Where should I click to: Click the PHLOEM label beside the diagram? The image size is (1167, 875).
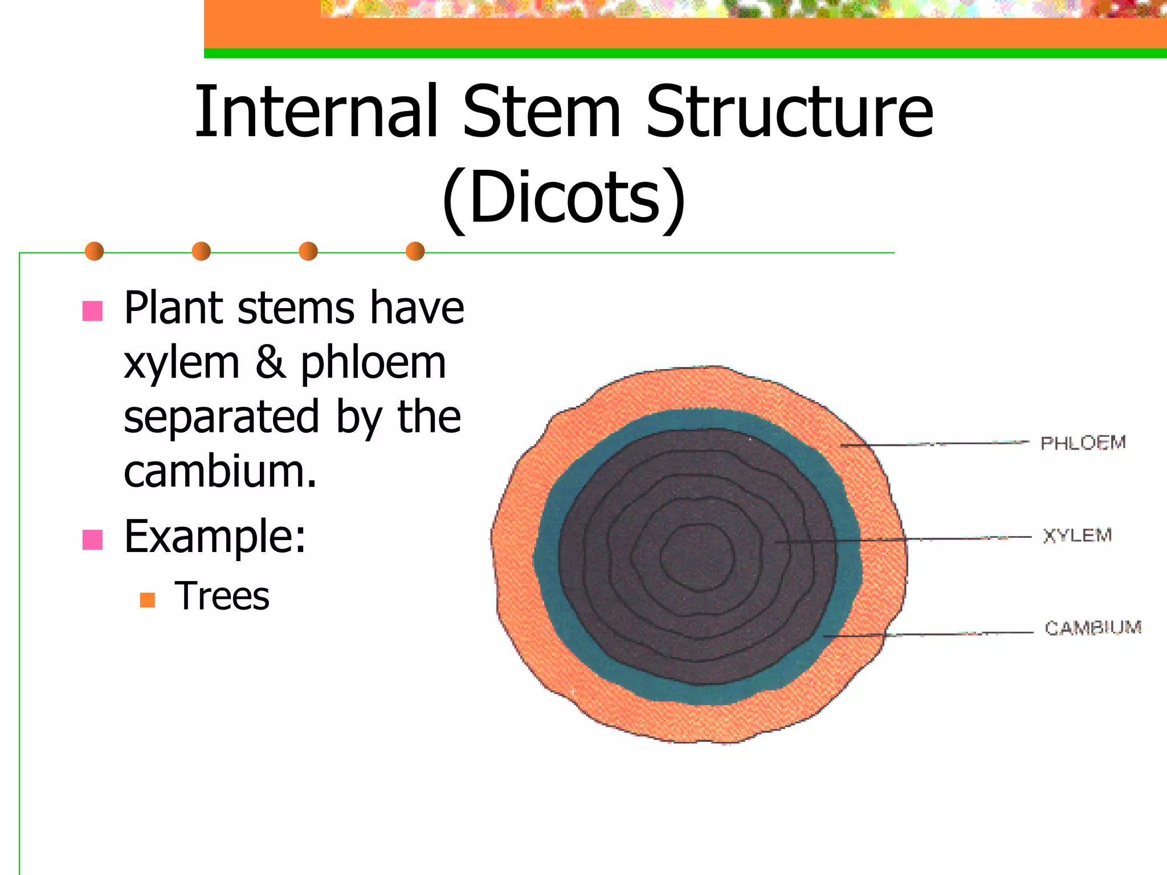coord(1083,443)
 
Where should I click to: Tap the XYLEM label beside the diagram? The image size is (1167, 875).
coord(1077,535)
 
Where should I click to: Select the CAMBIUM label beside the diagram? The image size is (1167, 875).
coord(1093,628)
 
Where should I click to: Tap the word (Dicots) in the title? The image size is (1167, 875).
coord(564,198)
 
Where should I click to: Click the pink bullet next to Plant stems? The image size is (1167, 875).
coord(92,311)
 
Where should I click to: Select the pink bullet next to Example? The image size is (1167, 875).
coord(92,539)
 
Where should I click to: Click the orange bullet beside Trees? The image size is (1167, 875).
coord(148,600)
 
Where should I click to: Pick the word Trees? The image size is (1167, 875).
coord(222,596)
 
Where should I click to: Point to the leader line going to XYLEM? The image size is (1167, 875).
coord(940,538)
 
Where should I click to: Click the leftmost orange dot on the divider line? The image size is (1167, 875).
coord(94,251)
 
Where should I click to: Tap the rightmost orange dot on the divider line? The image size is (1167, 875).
coord(415,251)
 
